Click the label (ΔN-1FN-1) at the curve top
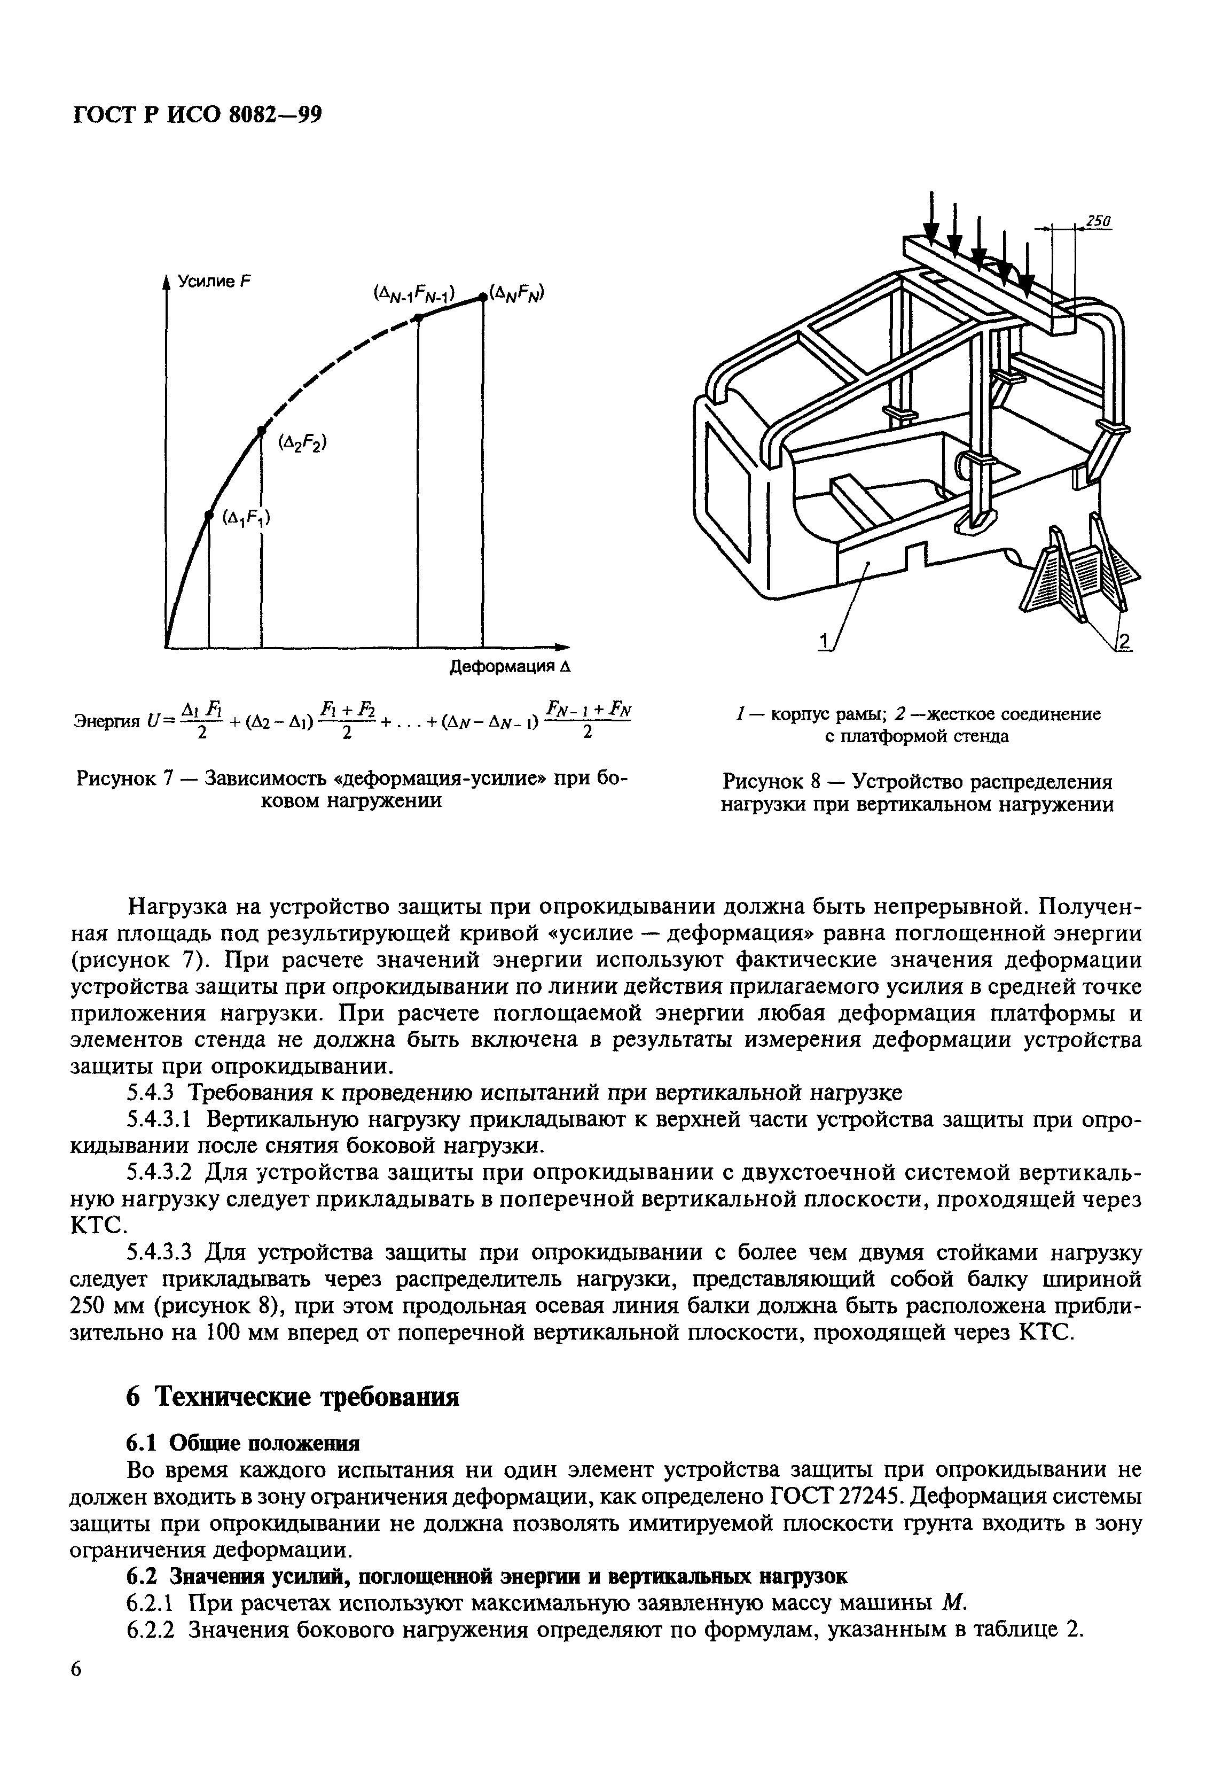click(x=414, y=293)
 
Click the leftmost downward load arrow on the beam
click(x=930, y=219)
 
